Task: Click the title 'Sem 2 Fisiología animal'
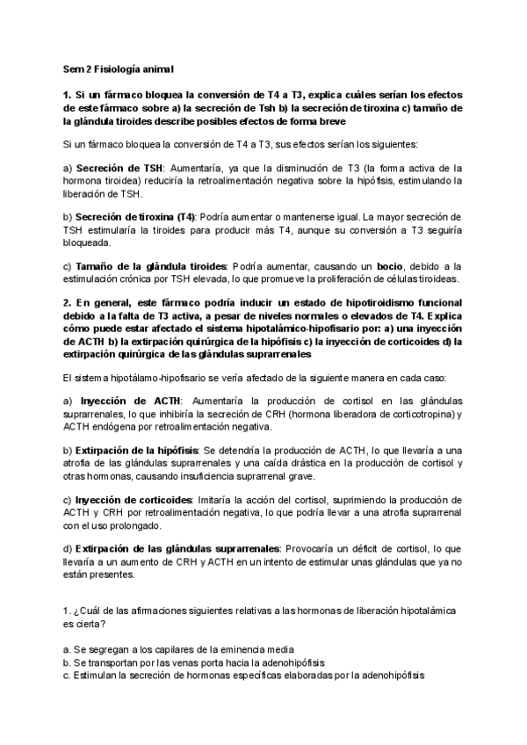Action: point(119,69)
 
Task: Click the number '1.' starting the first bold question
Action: point(67,93)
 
